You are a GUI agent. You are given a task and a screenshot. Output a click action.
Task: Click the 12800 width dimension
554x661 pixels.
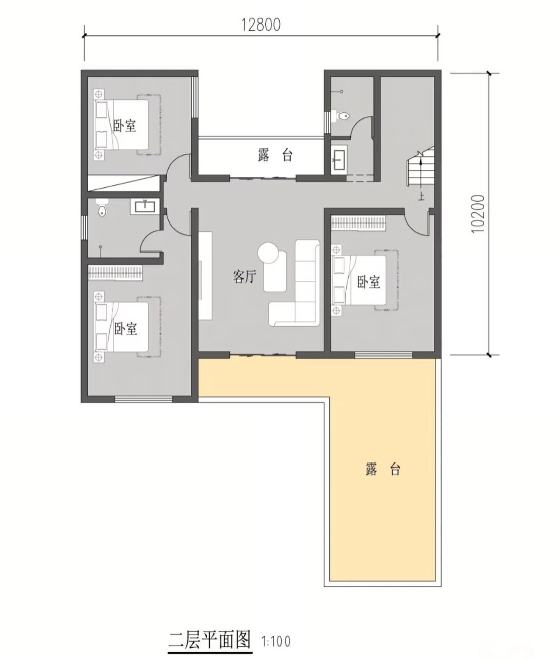(261, 25)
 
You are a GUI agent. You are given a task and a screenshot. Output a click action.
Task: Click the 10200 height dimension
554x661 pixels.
(478, 214)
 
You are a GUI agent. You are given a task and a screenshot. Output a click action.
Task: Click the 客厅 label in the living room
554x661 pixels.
(245, 276)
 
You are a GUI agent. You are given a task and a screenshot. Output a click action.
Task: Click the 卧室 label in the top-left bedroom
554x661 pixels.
(125, 125)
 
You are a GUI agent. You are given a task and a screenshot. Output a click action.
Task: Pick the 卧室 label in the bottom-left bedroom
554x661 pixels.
(126, 329)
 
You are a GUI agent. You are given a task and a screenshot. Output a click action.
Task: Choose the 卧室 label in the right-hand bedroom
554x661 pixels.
(368, 282)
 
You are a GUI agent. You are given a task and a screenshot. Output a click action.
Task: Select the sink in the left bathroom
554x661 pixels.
(145, 206)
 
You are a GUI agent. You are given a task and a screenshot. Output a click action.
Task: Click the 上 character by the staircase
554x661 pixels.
(421, 197)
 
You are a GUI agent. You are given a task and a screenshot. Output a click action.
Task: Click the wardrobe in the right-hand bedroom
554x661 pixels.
(358, 223)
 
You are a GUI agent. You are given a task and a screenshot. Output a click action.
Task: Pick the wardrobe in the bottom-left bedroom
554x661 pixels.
(115, 272)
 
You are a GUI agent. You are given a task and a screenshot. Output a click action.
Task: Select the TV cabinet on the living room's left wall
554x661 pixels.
(205, 276)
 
